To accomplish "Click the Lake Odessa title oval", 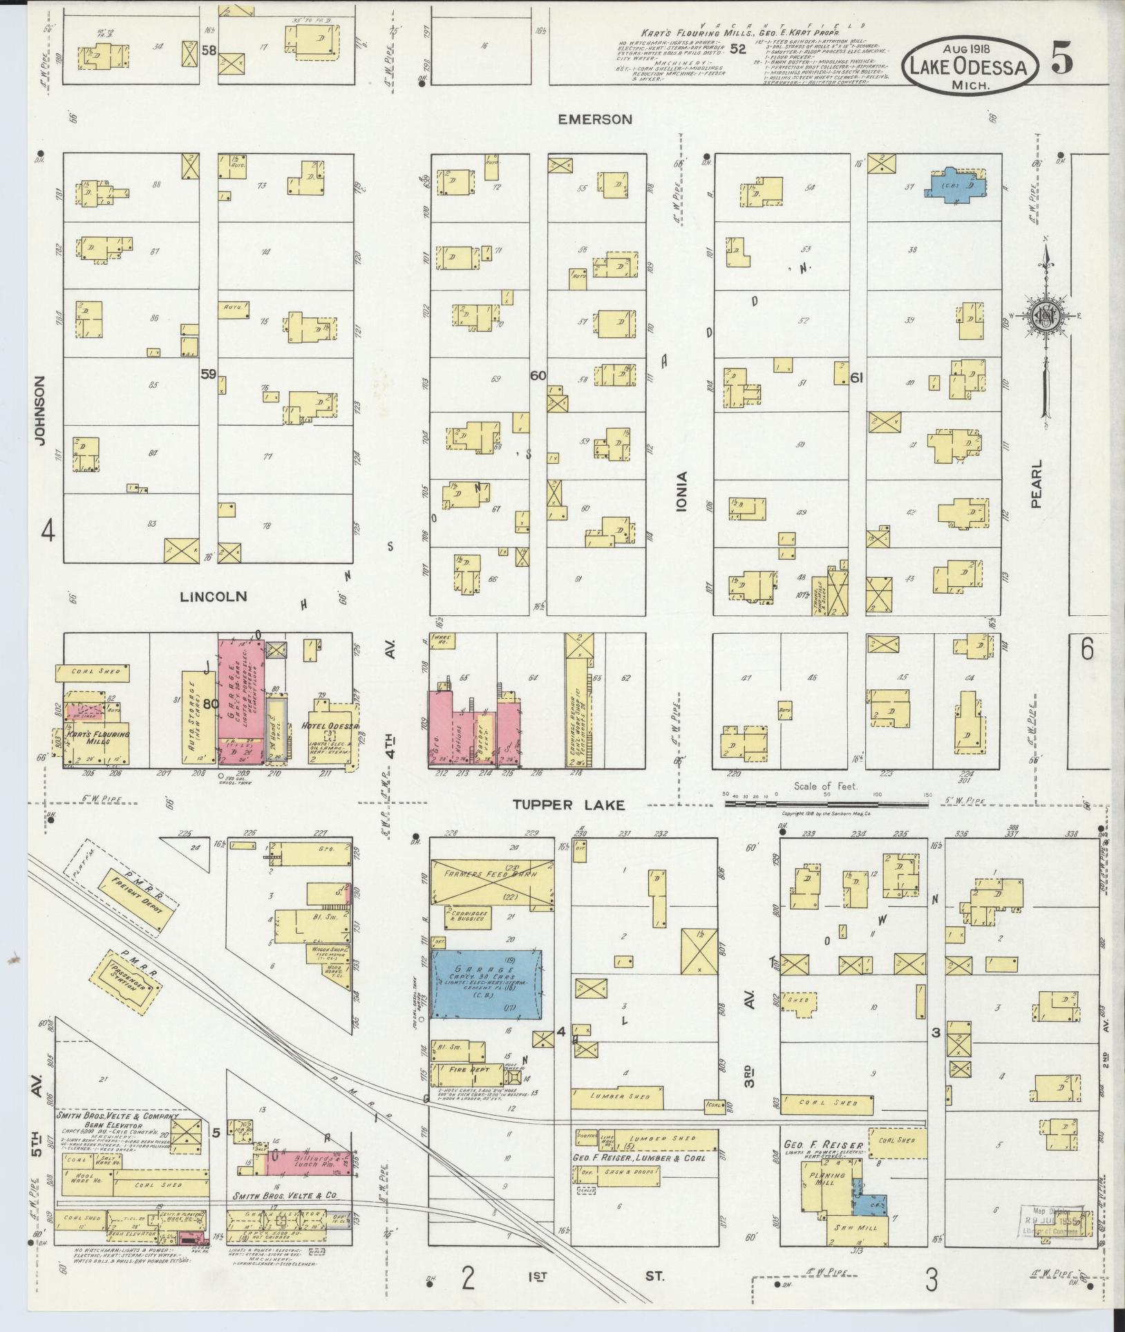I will coord(971,66).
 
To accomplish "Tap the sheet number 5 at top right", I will coord(1062,61).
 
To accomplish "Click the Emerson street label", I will coord(595,120).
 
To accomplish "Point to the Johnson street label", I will coord(39,411).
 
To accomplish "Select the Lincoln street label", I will coord(213,596).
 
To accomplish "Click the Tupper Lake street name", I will coord(569,805).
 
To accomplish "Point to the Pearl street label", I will coord(1036,484).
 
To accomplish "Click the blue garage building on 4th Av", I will coord(485,982).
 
